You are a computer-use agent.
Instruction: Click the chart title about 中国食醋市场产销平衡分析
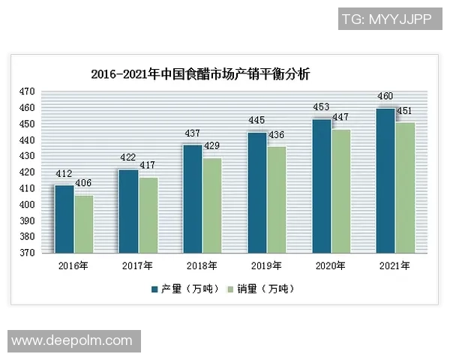click(x=199, y=74)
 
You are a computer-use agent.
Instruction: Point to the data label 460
click(x=385, y=97)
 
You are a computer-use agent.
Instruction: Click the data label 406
click(x=84, y=183)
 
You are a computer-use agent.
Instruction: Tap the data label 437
click(x=192, y=133)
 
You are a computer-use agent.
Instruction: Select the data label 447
click(x=340, y=118)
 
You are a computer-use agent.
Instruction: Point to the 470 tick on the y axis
click(x=27, y=91)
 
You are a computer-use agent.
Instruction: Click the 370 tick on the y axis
click(x=27, y=253)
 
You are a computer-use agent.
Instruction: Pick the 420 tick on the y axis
click(x=27, y=172)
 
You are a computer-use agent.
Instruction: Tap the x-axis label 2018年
click(x=202, y=265)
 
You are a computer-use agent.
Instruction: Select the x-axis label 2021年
click(x=394, y=265)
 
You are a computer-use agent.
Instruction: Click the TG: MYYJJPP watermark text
click(x=386, y=19)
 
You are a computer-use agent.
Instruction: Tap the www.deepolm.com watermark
click(x=72, y=340)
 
